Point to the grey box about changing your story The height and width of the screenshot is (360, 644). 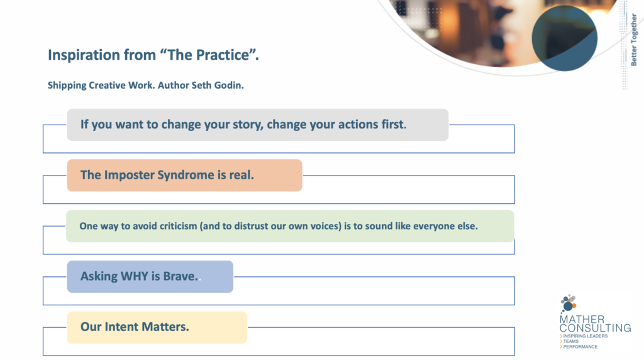[257, 125]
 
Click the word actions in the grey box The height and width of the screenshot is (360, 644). [358, 124]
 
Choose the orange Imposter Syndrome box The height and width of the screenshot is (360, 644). [184, 176]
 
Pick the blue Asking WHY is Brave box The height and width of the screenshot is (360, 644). [150, 276]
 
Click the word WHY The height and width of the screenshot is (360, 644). [135, 276]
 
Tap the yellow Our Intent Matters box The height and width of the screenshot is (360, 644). [157, 327]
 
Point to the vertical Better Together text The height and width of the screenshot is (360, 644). [634, 40]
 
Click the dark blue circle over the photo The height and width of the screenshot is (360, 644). [564, 38]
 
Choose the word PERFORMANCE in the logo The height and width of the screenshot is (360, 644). [580, 347]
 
